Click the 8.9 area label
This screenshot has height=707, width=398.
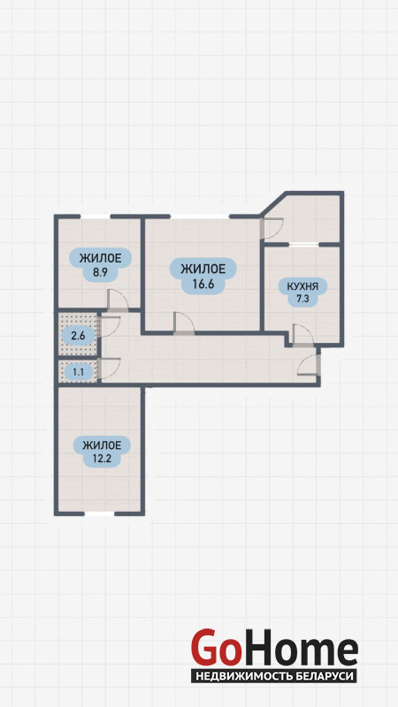click(x=100, y=265)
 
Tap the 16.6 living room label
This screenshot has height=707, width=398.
click(x=203, y=277)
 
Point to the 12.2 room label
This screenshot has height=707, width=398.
click(x=102, y=452)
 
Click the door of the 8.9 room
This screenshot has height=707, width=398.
click(x=118, y=300)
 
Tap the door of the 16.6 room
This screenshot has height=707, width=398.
click(x=184, y=323)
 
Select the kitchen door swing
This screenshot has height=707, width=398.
click(x=302, y=335)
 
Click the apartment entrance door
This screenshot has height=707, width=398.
click(x=309, y=364)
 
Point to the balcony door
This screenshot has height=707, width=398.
click(x=272, y=229)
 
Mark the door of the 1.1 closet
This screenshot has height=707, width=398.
click(x=110, y=369)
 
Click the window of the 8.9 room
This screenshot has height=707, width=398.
click(x=96, y=217)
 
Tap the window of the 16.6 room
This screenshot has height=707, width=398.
click(x=200, y=217)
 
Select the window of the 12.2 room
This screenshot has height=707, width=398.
click(x=99, y=513)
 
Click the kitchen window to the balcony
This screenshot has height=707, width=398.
click(x=303, y=245)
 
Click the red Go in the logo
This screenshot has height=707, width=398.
click(x=215, y=649)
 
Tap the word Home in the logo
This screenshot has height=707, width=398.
click(x=299, y=649)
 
